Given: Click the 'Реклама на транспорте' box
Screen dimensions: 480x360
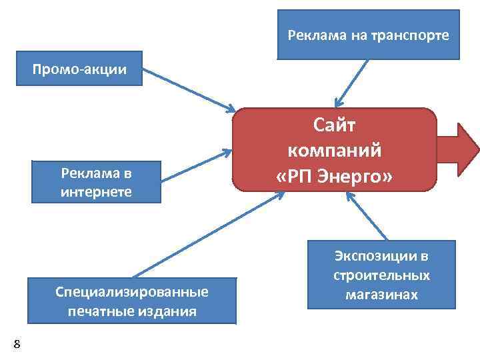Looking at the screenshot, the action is [368, 35].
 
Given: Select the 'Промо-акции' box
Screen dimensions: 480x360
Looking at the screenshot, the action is [80, 69].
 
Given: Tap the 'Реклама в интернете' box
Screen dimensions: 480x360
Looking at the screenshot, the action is [96, 181].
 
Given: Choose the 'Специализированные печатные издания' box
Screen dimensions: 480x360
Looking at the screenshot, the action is [131, 301].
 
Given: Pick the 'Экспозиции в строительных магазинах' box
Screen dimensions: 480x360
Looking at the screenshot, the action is [381, 275].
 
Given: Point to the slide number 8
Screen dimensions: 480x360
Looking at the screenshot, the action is [17, 344].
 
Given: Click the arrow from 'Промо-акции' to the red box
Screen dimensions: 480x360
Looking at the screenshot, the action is [190, 89].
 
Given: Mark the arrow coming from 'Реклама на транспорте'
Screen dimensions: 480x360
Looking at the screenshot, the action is [352, 83].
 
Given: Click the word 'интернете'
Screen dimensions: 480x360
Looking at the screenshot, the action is [96, 192].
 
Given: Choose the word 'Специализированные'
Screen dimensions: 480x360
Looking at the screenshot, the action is [131, 291].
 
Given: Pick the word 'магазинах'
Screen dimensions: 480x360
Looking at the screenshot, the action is [381, 294].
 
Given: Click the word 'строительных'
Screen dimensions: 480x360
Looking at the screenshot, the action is [381, 275].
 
